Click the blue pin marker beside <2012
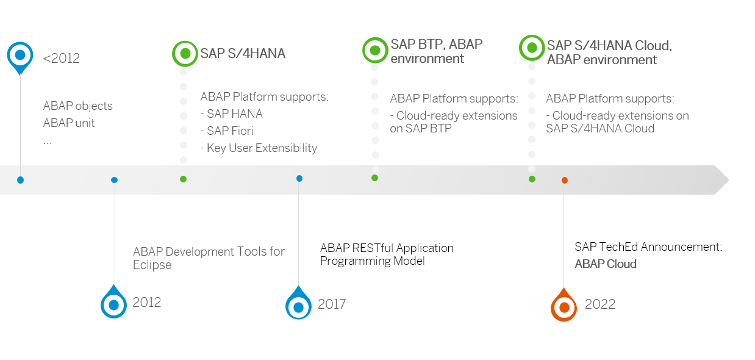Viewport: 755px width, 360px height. click(x=20, y=56)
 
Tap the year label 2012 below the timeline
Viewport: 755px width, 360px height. click(x=146, y=303)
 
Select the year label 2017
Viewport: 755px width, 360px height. click(x=332, y=304)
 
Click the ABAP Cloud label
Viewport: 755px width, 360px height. click(x=605, y=264)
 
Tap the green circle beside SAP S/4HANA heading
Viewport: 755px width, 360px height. click(x=185, y=53)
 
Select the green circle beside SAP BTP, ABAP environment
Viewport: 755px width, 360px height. click(x=375, y=49)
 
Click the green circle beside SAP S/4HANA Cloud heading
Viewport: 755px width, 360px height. click(x=532, y=48)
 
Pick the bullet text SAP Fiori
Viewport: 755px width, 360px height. click(x=227, y=131)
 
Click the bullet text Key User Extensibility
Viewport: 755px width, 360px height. click(x=259, y=148)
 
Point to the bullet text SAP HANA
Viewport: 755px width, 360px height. click(x=232, y=113)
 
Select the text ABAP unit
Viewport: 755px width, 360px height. click(x=69, y=123)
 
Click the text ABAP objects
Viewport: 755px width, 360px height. click(x=77, y=106)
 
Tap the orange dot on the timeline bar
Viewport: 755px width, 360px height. click(x=565, y=180)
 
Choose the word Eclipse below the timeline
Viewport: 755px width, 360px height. click(x=152, y=265)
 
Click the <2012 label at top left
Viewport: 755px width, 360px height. click(x=61, y=59)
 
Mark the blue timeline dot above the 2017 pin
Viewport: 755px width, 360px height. click(x=299, y=179)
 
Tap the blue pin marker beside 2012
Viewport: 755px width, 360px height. click(x=113, y=304)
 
